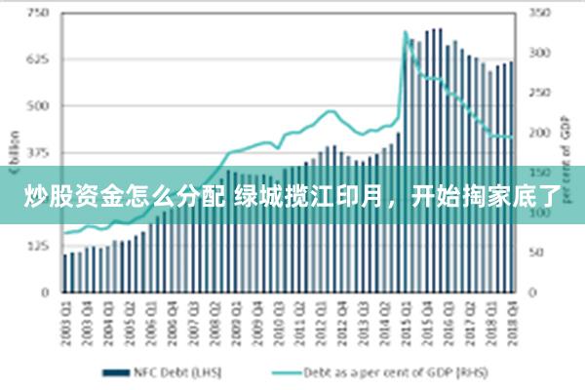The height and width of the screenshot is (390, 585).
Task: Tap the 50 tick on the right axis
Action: pyautogui.click(x=540, y=252)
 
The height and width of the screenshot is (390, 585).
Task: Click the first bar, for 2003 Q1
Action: pyautogui.click(x=65, y=272)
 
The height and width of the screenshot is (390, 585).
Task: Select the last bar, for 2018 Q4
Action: pyautogui.click(x=511, y=175)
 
